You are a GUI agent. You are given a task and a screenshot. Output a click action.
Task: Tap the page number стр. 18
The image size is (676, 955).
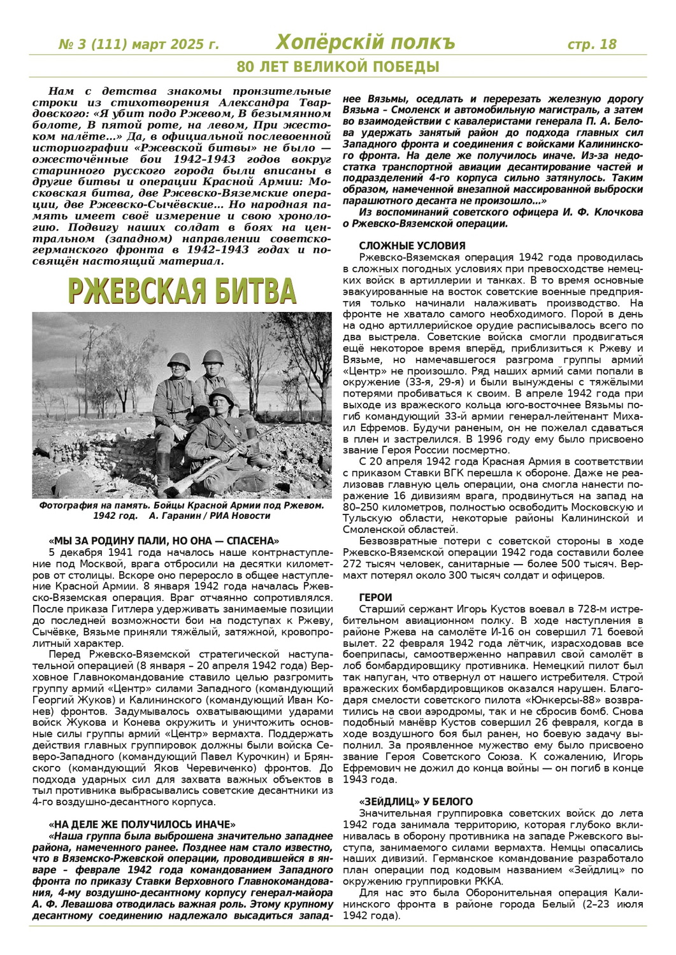(592, 44)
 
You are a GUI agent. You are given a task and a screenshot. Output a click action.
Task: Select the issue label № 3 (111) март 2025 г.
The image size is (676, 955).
(138, 45)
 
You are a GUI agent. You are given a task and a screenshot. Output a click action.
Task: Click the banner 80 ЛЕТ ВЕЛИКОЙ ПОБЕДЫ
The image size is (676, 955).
(338, 67)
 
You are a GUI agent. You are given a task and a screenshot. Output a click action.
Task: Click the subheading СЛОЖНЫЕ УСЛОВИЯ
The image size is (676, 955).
(412, 246)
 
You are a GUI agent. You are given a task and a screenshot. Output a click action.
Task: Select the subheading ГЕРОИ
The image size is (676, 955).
(376, 598)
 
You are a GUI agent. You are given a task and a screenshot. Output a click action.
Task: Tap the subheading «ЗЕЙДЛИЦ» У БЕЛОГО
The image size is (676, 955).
(416, 802)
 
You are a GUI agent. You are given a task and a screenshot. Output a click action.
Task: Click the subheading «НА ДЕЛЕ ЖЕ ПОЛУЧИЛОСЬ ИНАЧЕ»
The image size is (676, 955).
(142, 824)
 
